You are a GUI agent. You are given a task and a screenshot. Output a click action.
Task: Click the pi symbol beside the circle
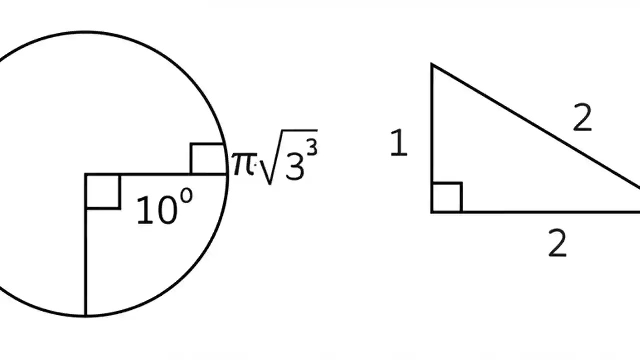[243, 163]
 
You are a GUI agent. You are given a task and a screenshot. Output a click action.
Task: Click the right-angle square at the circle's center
[103, 191]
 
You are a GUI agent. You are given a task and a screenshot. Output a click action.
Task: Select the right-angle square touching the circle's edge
[207, 159]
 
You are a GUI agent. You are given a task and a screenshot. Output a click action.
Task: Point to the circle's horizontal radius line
[150, 174]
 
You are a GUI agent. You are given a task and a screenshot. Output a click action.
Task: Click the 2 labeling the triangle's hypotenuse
[582, 120]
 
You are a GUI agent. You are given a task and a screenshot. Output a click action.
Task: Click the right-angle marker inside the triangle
[447, 198]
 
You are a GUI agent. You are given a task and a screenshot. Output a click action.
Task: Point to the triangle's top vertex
[432, 64]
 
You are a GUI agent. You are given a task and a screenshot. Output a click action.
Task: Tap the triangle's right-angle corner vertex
[432, 212]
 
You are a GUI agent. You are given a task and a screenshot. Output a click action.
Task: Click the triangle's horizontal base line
[535, 212]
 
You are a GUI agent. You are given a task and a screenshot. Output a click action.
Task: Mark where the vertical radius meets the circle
[86, 316]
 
